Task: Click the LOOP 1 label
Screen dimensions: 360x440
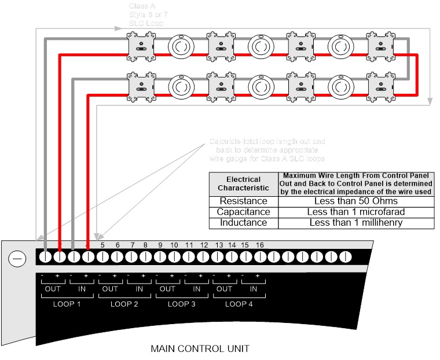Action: coord(68,304)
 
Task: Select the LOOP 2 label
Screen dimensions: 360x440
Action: coord(124,304)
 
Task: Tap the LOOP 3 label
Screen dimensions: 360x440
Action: coord(182,304)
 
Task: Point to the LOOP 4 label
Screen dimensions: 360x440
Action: coord(239,304)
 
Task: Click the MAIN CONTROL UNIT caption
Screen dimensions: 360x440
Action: coord(200,348)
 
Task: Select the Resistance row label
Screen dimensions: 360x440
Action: coord(243,201)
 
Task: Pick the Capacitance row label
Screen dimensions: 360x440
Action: coord(243,212)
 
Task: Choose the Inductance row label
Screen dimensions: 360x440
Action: coord(243,222)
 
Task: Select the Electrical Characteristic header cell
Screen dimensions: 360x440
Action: coord(243,183)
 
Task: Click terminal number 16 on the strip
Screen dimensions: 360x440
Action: coord(259,245)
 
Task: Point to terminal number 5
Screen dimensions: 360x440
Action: coord(102,245)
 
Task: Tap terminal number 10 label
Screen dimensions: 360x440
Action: coord(174,245)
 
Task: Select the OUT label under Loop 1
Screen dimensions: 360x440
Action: coord(53,289)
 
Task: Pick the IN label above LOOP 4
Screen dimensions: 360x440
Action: coord(253,289)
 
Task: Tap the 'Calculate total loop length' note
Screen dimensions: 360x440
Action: coord(267,149)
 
